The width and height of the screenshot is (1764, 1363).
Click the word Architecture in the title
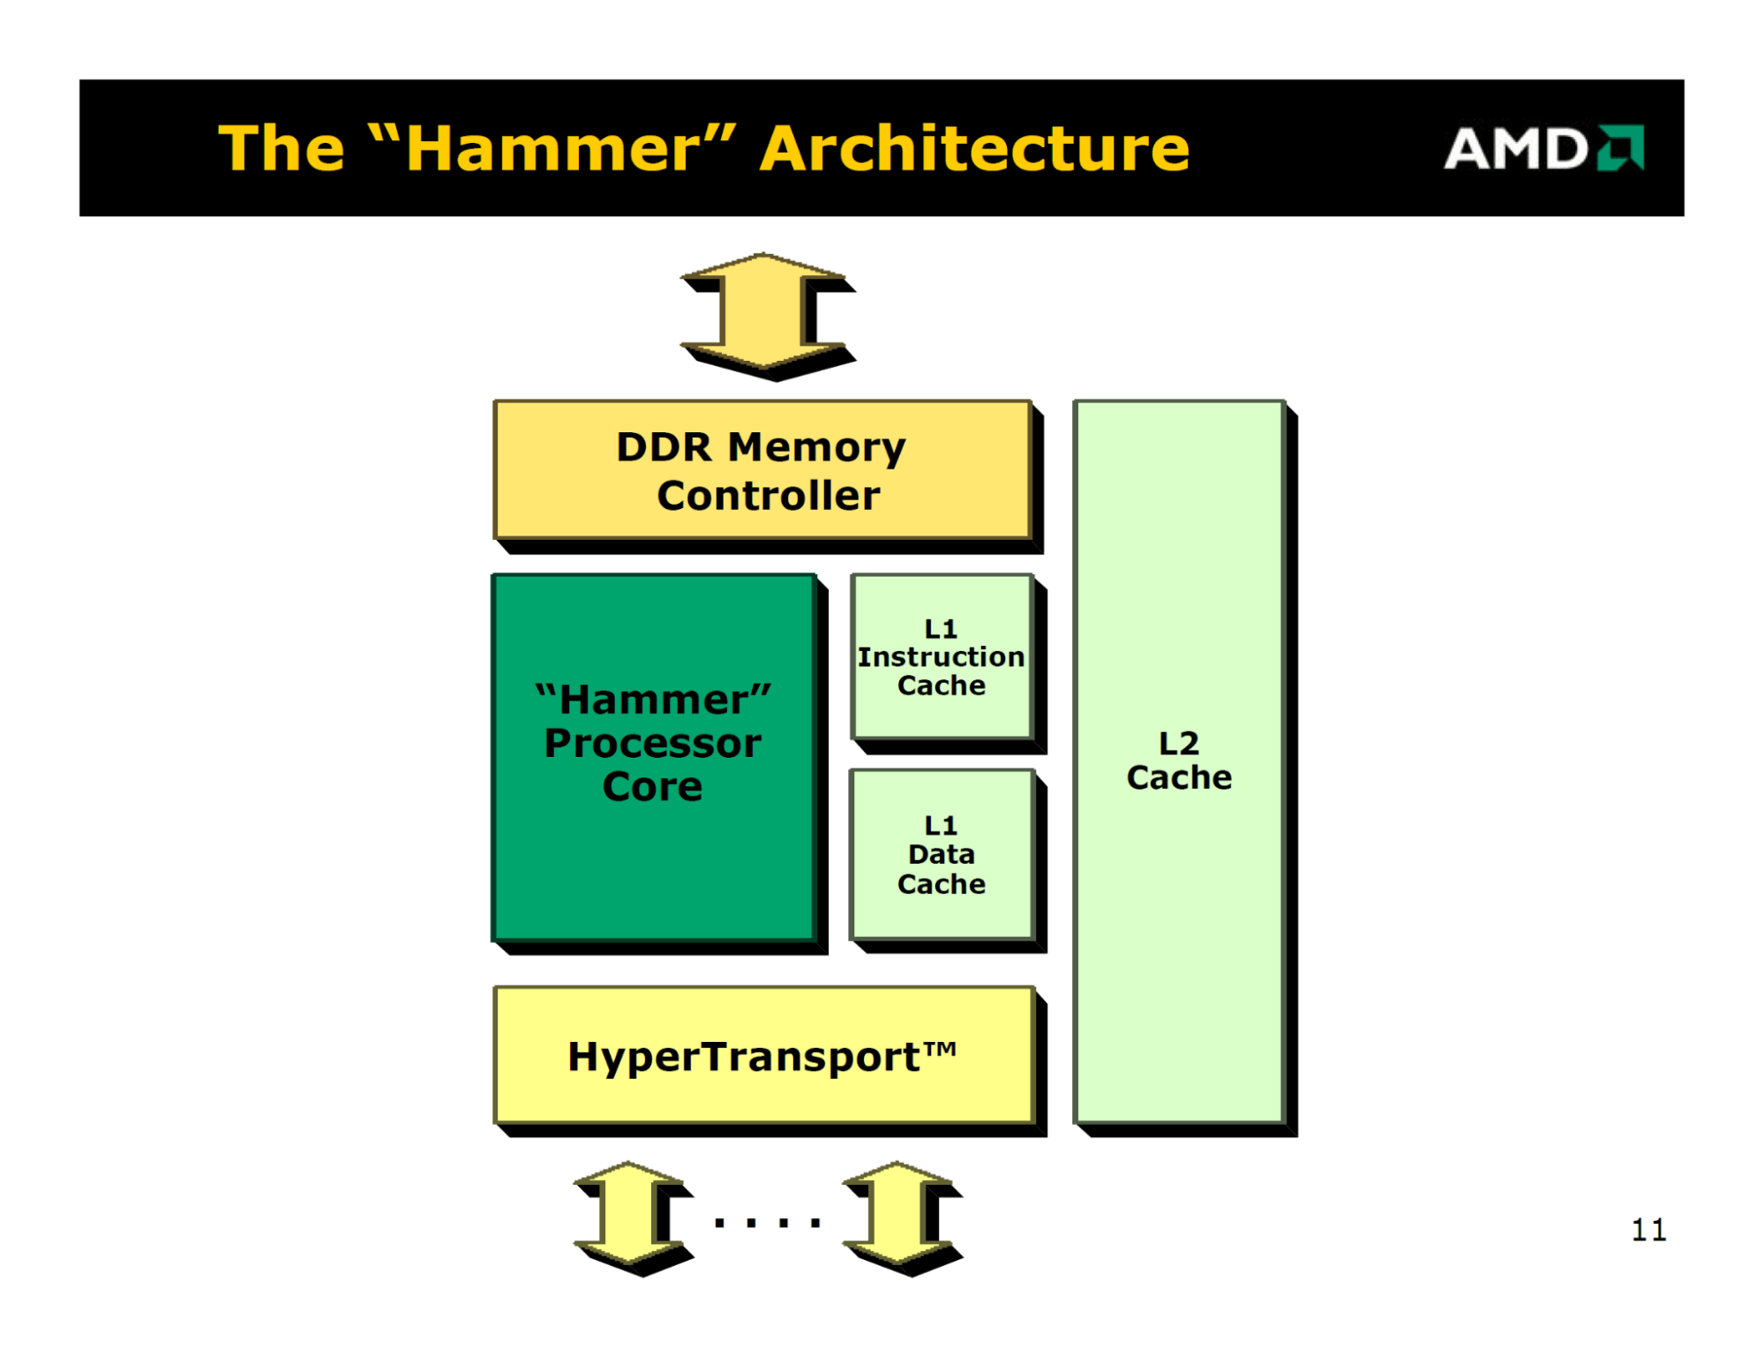coord(974,148)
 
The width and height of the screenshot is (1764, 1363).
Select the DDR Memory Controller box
coord(762,470)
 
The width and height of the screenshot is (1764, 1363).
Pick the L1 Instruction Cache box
coord(942,657)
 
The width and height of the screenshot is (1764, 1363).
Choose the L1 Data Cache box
coord(942,854)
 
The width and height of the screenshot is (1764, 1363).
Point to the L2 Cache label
coord(1179,760)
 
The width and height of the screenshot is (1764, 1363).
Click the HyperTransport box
coord(762,1056)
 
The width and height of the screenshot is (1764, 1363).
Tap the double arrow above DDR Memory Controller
coord(764,313)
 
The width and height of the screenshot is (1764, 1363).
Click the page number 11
coord(1648,1230)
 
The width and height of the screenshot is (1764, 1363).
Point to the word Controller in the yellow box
coord(768,496)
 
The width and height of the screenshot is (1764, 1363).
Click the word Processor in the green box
coord(653,744)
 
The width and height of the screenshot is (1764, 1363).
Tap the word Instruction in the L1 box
coord(942,657)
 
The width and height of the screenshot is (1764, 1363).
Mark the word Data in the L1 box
coord(942,854)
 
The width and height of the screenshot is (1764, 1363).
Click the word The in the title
coord(281,147)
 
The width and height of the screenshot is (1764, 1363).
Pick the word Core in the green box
coord(653,786)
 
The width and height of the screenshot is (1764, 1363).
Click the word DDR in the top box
coord(664,447)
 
